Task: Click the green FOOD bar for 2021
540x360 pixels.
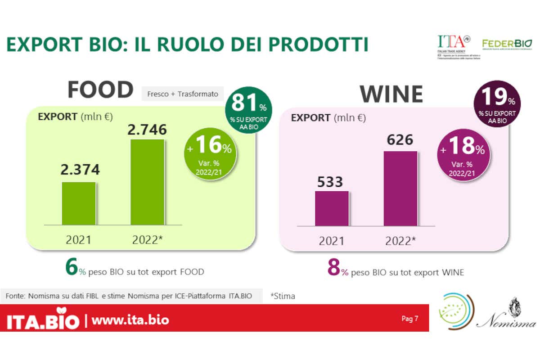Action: click(x=79, y=203)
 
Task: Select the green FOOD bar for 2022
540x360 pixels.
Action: click(x=148, y=182)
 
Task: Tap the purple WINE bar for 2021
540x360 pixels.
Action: click(x=332, y=208)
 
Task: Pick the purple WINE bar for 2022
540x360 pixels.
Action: click(x=400, y=188)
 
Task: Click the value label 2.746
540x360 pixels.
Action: click(x=147, y=130)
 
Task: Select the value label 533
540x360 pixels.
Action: click(x=330, y=182)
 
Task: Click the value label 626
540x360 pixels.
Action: click(x=400, y=140)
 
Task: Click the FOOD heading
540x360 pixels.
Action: click(x=100, y=90)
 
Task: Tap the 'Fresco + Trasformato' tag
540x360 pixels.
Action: click(x=182, y=94)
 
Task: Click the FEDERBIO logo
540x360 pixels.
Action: click(x=507, y=44)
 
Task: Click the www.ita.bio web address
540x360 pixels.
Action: click(x=130, y=320)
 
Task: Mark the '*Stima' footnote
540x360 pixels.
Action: click(x=283, y=296)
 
